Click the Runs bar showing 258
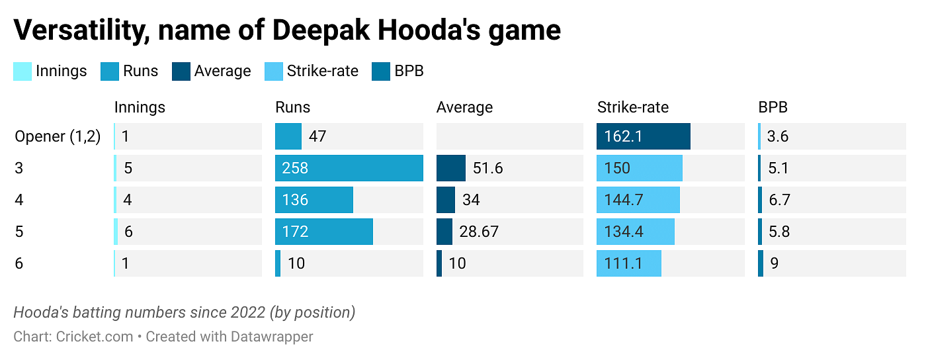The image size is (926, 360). coord(349,168)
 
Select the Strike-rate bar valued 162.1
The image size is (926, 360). coord(643,136)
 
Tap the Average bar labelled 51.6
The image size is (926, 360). coord(450,168)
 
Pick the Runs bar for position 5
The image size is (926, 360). coord(323,232)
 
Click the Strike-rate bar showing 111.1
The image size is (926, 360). coord(628,263)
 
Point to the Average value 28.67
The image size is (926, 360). coord(479,232)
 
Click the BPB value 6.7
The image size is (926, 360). coord(778,200)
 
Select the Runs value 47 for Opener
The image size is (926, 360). coord(317,136)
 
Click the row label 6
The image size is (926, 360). coord(19,263)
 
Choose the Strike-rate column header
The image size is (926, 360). coord(632,107)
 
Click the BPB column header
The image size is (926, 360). coord(773,107)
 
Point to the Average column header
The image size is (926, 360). coord(464,107)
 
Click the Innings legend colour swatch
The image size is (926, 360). coord(22,71)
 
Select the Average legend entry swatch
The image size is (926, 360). coord(181,71)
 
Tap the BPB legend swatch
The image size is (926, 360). coord(381,71)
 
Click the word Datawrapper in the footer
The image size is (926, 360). coord(272,336)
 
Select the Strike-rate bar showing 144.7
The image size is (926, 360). coord(638,200)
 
